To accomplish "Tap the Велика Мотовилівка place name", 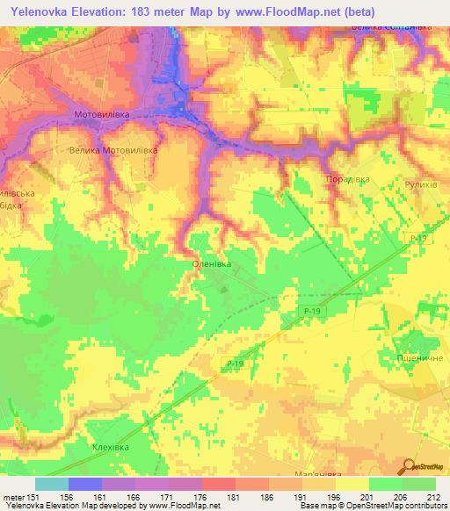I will (x=112, y=150).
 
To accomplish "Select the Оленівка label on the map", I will (x=212, y=262).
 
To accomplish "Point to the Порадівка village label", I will (x=347, y=179).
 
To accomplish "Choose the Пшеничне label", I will (x=420, y=358).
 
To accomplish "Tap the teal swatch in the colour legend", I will (x=52, y=483).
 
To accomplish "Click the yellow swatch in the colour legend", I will (x=352, y=483).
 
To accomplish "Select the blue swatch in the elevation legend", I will (x=85, y=483).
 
